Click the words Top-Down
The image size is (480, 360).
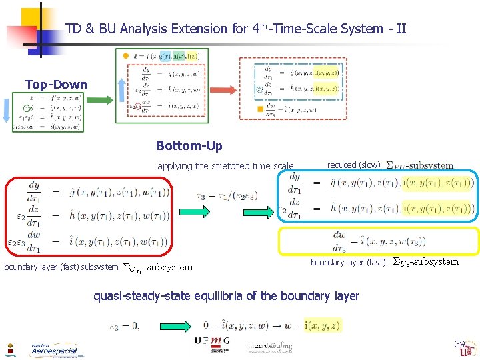pyautogui.click(x=56, y=85)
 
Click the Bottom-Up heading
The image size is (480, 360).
pyautogui.click(x=189, y=146)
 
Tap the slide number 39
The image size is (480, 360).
pyautogui.click(x=460, y=345)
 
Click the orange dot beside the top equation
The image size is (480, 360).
pyautogui.click(x=126, y=56)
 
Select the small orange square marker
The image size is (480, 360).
pyautogui.click(x=260, y=109)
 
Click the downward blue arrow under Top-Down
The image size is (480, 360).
pyautogui.click(x=5, y=113)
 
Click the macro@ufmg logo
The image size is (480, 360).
pyautogui.click(x=269, y=347)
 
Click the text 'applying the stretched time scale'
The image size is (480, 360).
pyautogui.click(x=225, y=166)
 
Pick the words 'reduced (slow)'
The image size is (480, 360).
pyautogui.click(x=353, y=165)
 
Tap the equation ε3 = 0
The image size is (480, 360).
pyautogui.click(x=125, y=326)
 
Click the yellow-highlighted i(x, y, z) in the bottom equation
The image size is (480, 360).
pyautogui.click(x=322, y=326)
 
